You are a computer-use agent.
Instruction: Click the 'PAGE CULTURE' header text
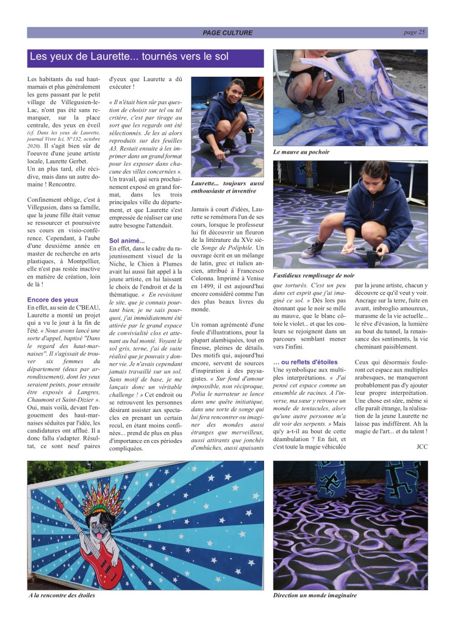tap(227, 33)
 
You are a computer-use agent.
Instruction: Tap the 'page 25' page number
tap(414, 32)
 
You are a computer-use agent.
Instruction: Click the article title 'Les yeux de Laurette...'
tap(129, 57)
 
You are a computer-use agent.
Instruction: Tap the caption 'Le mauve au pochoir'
tap(301, 151)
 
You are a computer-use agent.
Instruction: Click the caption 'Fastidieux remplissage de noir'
tap(322, 275)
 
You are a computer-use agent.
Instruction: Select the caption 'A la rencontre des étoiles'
tap(63, 595)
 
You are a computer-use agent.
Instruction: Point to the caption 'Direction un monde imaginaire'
tap(315, 595)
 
